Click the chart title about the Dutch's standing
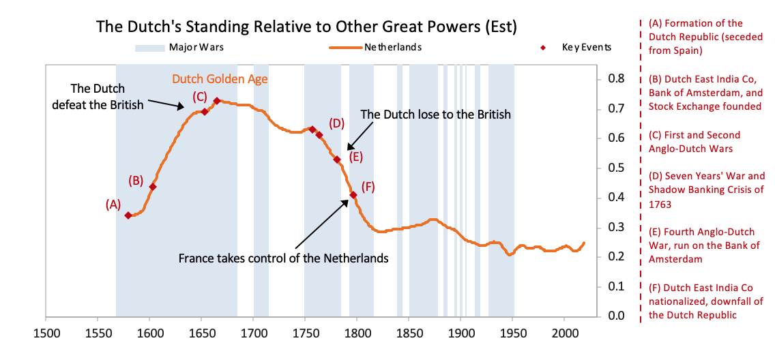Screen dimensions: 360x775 pyautogui.click(x=306, y=27)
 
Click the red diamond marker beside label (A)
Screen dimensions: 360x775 pyautogui.click(x=128, y=215)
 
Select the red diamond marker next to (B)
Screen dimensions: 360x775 pyautogui.click(x=153, y=187)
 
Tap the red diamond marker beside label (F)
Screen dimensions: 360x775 pyautogui.click(x=353, y=195)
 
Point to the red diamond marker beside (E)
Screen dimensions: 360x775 pyautogui.click(x=337, y=160)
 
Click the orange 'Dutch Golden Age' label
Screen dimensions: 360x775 pyautogui.click(x=220, y=79)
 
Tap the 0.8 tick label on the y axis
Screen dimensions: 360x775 pyautogui.click(x=616, y=79)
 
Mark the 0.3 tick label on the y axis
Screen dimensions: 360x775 pyautogui.click(x=616, y=227)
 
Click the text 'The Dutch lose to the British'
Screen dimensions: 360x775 pyautogui.click(x=435, y=115)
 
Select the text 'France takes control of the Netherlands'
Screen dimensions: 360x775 pyautogui.click(x=284, y=259)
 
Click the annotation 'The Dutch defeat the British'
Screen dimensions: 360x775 pyautogui.click(x=107, y=96)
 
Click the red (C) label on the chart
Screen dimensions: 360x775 pyautogui.click(x=200, y=96)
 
